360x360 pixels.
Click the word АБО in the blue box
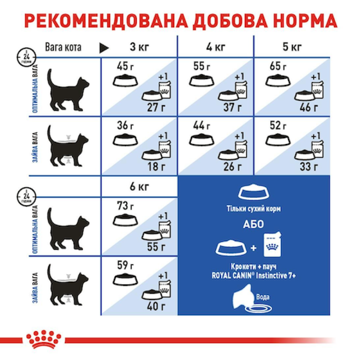254,225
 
